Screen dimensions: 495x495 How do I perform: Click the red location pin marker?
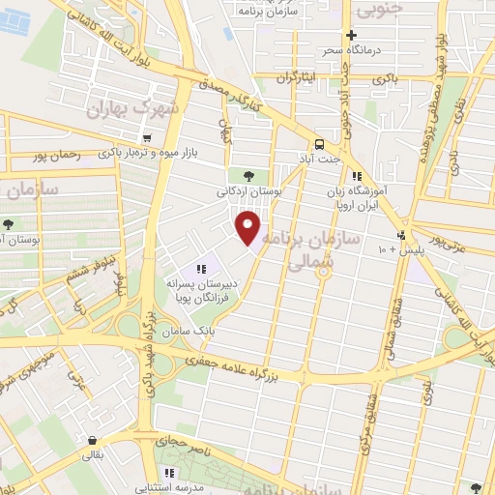click(248, 226)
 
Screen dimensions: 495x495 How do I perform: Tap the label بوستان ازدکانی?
click(250, 193)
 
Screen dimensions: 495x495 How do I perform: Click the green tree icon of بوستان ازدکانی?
click(250, 176)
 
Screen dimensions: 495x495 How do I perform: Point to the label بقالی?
click(91, 451)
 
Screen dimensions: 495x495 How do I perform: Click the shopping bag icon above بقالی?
click(91, 437)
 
